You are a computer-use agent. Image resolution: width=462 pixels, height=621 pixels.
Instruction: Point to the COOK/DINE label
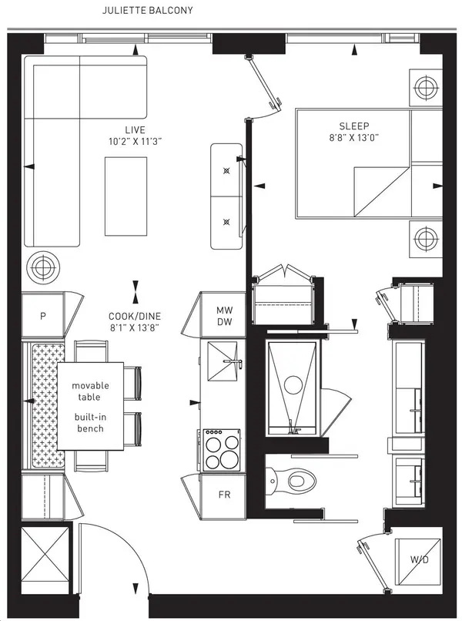click(x=136, y=314)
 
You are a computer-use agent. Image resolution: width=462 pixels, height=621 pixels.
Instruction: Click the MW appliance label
click(x=224, y=310)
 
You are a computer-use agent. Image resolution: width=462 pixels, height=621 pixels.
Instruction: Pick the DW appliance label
click(x=224, y=323)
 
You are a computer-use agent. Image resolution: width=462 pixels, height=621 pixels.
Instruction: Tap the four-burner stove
click(x=223, y=451)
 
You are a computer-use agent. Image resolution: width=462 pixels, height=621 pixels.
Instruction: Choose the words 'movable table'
click(x=91, y=391)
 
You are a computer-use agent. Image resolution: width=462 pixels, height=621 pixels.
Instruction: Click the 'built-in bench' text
click(x=91, y=422)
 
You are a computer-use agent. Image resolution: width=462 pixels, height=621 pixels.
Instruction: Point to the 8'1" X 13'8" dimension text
click(x=136, y=327)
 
